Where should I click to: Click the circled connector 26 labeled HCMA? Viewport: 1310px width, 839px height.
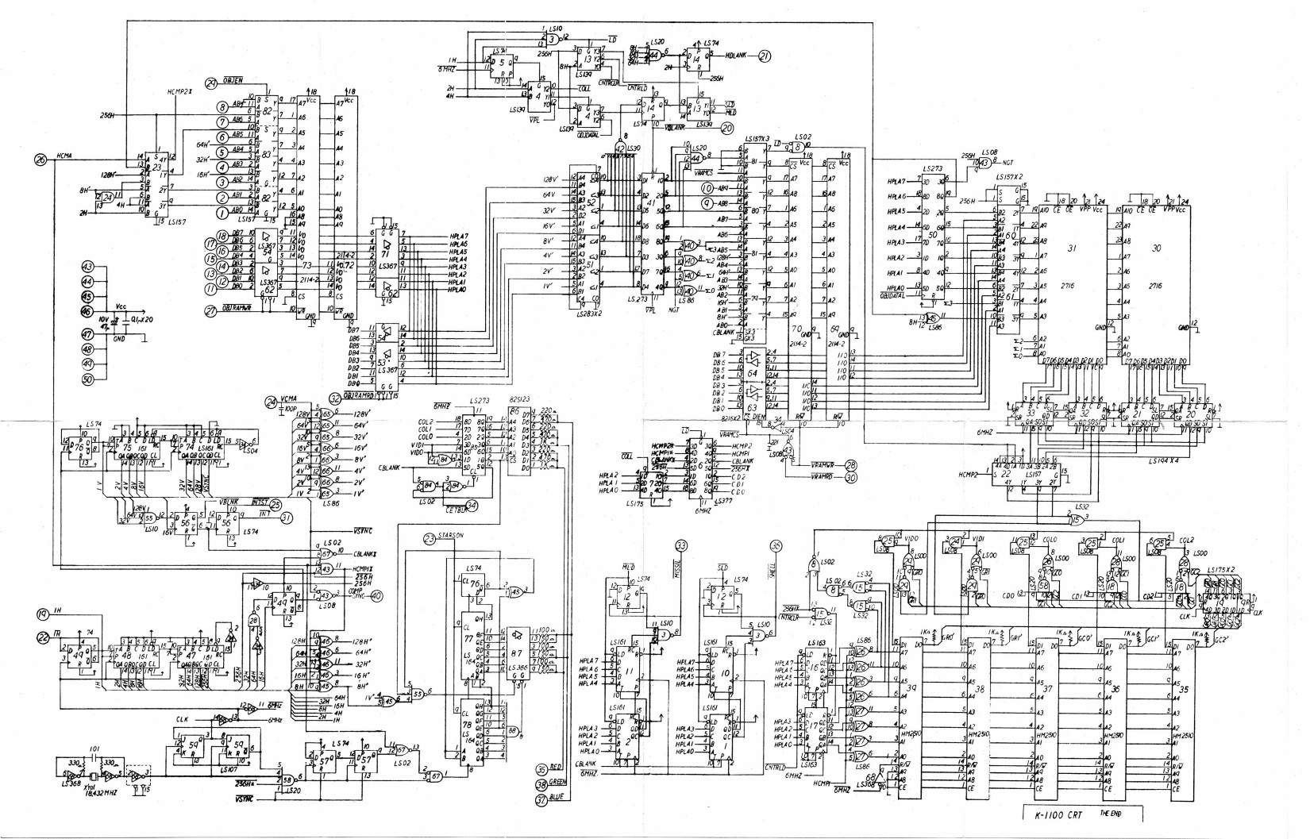pos(40,159)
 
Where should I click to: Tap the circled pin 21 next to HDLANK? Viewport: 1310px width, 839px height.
pos(765,56)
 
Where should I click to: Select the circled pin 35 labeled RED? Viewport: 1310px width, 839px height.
pos(542,768)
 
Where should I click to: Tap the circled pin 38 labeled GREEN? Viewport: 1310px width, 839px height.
pos(542,784)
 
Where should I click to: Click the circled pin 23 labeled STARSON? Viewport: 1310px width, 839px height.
pos(430,539)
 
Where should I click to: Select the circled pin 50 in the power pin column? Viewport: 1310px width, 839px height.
pos(88,379)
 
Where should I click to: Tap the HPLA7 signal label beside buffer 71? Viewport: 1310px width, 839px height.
pos(457,237)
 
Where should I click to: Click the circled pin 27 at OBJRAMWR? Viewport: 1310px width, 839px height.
pos(210,311)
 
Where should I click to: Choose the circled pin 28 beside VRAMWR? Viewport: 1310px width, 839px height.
pos(851,464)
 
